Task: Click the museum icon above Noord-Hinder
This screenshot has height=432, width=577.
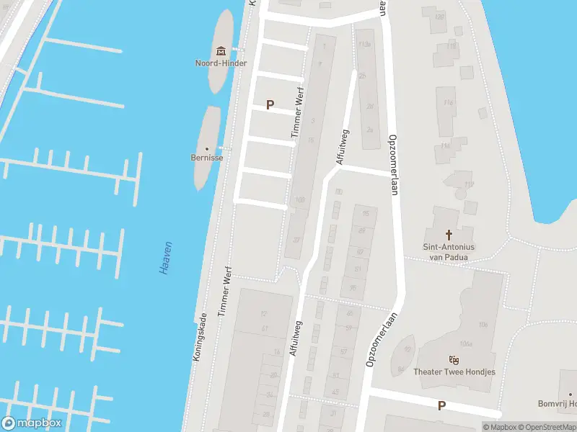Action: (221, 50)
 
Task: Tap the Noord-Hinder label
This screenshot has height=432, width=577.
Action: (221, 63)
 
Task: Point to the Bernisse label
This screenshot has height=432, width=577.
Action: (207, 156)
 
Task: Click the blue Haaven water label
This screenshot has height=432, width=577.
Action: (165, 258)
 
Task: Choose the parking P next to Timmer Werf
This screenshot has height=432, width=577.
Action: (270, 104)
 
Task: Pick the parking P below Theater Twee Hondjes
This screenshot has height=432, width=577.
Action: (441, 405)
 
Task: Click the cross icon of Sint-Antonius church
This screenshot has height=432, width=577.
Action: (449, 235)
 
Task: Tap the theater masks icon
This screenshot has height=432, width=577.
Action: (454, 360)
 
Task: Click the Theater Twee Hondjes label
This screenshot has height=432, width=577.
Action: (454, 372)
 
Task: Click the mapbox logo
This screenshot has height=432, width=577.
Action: (32, 423)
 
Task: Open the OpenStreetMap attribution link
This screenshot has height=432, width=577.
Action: (547, 427)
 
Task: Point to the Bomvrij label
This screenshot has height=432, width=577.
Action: (558, 404)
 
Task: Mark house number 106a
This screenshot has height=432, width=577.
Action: (465, 344)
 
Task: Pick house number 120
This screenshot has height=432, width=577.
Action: (439, 17)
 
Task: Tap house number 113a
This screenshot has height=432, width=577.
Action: (365, 45)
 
